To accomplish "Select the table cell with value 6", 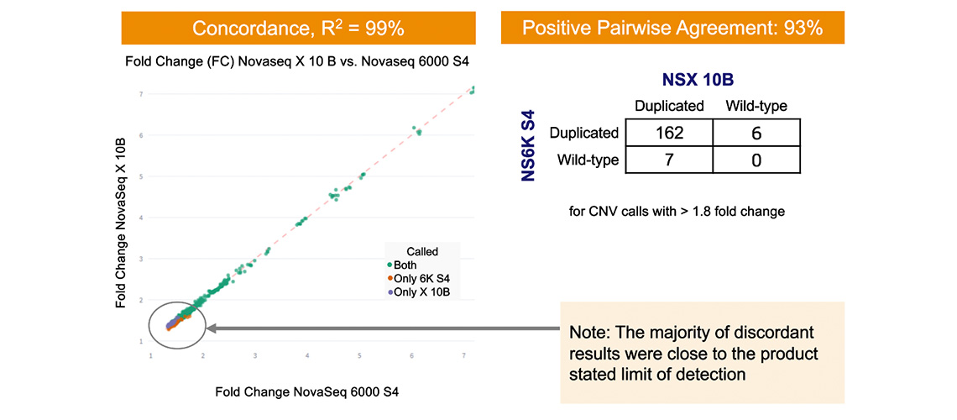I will coord(756,133).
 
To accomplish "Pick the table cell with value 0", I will coord(756,160).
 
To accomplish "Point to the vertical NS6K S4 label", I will coord(528,145).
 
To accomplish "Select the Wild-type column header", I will coord(756,106).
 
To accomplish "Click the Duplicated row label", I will coord(583,133).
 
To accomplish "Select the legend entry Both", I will coord(405,265).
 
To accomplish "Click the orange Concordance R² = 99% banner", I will coord(298,28).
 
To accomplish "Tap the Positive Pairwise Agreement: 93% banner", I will coord(672,28).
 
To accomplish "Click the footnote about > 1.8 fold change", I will coord(677,211).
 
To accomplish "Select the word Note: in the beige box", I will coord(592,332).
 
